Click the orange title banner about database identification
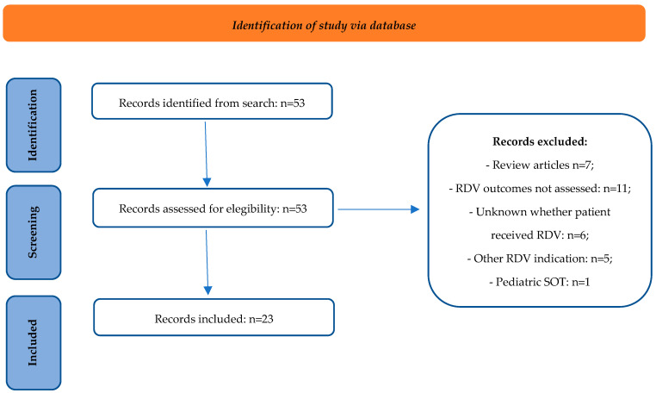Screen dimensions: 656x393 (x=325, y=23)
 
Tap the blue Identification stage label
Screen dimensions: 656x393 (x=34, y=125)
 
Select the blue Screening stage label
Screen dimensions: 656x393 (x=34, y=232)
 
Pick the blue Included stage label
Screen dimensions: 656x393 (x=34, y=343)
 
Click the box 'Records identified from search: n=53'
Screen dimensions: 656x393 (x=212, y=101)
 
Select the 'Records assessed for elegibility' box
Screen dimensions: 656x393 (x=213, y=208)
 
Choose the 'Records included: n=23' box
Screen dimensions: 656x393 (x=214, y=317)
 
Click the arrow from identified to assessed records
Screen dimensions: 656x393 (x=206, y=153)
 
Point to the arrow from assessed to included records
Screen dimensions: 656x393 (x=207, y=262)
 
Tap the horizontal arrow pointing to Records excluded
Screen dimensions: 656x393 (x=378, y=209)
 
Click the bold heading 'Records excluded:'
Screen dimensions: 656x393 (x=540, y=141)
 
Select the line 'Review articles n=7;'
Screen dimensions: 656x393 (x=540, y=165)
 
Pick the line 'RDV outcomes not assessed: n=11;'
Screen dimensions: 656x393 (x=540, y=189)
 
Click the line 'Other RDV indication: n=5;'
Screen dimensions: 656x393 (x=540, y=259)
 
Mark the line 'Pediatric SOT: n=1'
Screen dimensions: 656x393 (x=540, y=282)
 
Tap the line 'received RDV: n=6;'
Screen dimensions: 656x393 (x=540, y=235)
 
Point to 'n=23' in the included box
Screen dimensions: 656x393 (x=261, y=319)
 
